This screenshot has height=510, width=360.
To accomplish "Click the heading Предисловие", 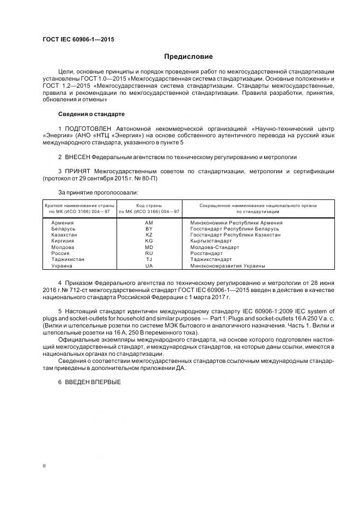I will pos(189,57).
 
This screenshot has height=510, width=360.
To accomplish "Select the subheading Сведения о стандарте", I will pos(91,114).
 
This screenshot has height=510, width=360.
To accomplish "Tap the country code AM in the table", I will pos(149,223).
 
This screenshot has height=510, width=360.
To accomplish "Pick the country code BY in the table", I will pos(149,229).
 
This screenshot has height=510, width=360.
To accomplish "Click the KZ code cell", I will pos(149,235).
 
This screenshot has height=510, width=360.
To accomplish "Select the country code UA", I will pos(149,266).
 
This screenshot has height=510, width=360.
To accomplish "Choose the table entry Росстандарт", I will pos(206,253).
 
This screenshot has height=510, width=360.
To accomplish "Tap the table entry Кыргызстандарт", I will pos(211,241).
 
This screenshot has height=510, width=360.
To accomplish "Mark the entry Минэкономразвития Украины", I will pos(228,266).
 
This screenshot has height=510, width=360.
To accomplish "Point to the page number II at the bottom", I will pos(45,466).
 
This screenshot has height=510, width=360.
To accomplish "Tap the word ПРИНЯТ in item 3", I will pos(77,171).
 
